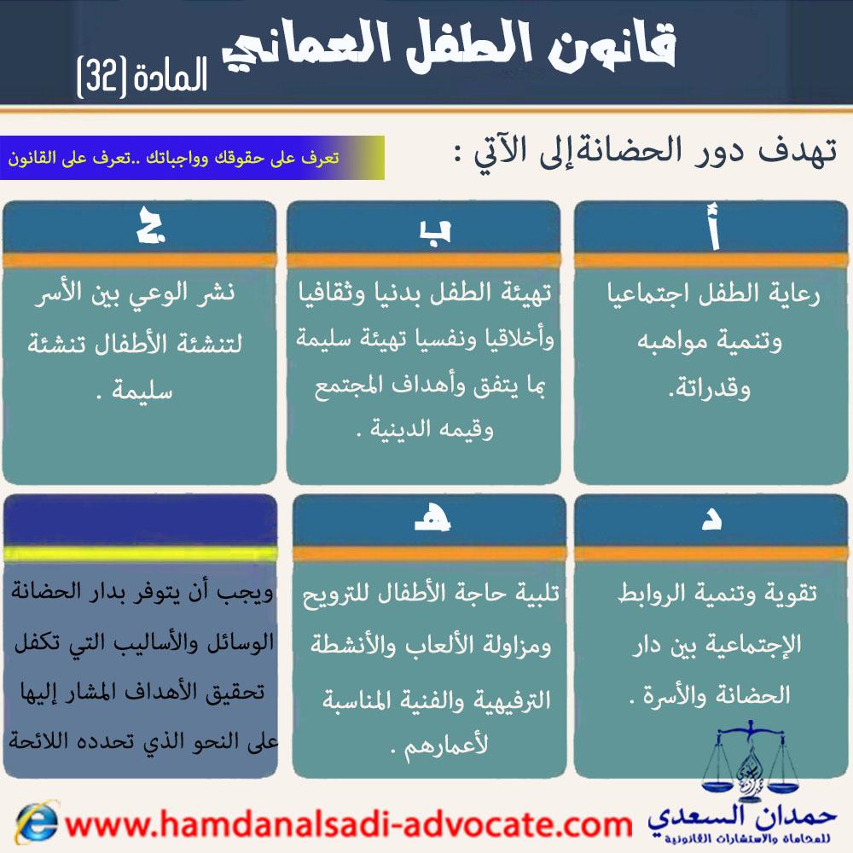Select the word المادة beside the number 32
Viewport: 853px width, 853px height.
click(171, 76)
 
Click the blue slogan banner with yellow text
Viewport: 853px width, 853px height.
click(192, 158)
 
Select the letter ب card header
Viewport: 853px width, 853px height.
click(423, 228)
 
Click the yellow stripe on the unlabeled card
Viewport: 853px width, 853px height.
click(141, 554)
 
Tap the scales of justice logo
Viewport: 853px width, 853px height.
click(750, 762)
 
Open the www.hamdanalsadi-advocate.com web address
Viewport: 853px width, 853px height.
click(348, 825)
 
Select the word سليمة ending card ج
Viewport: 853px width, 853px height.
click(142, 392)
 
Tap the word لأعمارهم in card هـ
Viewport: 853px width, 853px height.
click(446, 746)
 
